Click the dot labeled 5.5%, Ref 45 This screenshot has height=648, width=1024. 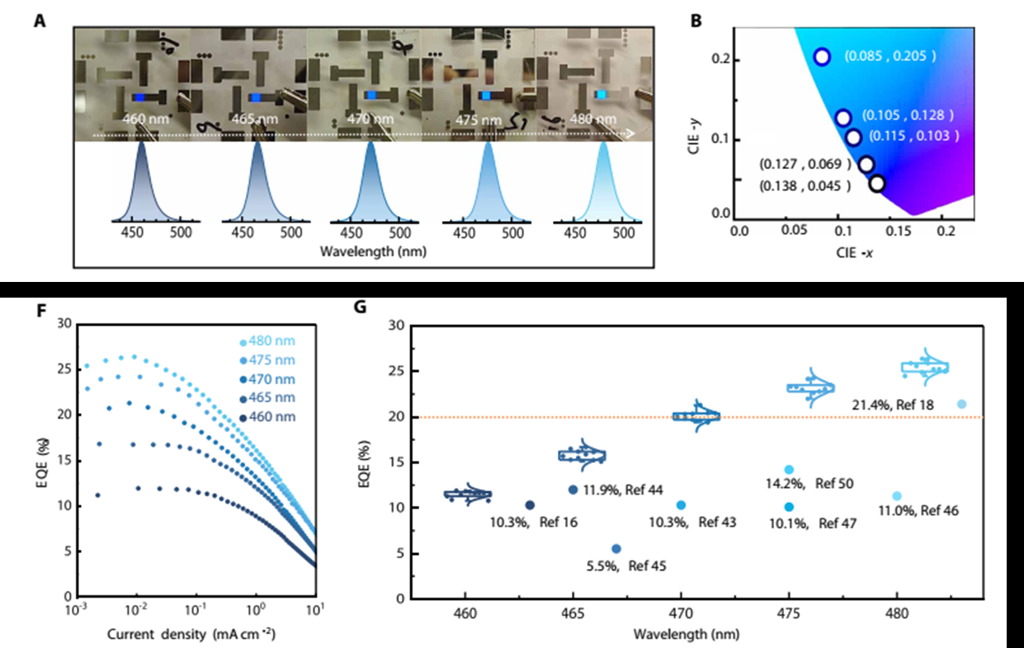(616, 548)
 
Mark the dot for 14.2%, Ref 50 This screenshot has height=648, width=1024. (789, 470)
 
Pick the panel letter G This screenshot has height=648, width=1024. (360, 307)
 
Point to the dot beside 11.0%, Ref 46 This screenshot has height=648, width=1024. (897, 496)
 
